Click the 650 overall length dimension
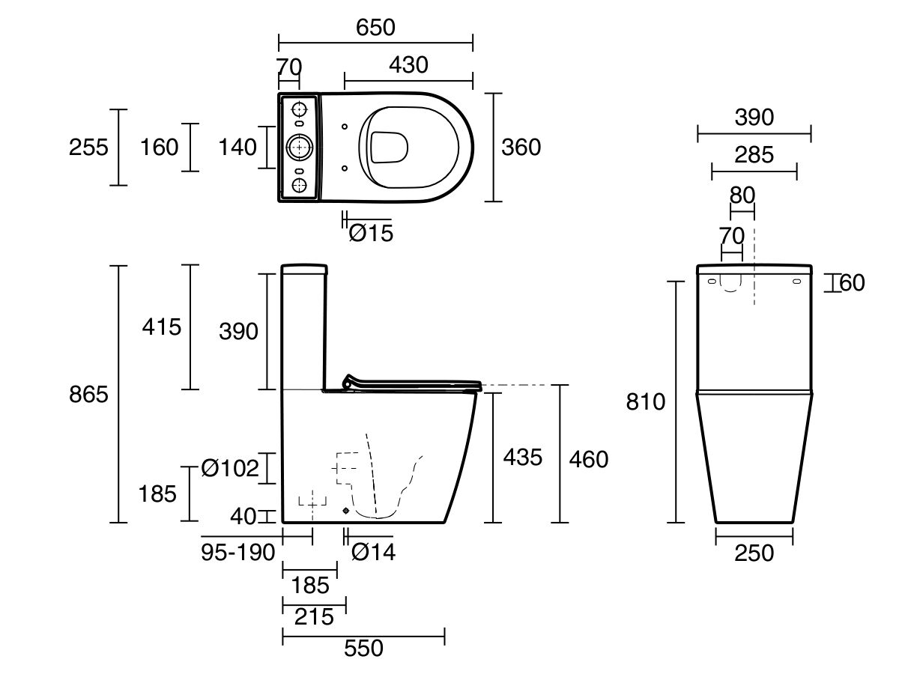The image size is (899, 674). [375, 28]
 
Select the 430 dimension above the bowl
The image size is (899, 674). [408, 65]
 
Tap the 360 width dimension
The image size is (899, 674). [521, 148]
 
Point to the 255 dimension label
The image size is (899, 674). [88, 148]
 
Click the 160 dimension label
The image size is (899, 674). [160, 148]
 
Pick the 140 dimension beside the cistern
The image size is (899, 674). [237, 148]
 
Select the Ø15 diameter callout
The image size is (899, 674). [371, 233]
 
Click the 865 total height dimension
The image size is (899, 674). [88, 395]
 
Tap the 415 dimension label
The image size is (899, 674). [161, 327]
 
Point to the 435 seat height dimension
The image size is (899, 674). [523, 457]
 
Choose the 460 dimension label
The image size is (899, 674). [589, 459]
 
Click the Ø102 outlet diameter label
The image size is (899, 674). [230, 468]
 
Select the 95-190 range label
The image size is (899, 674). [238, 553]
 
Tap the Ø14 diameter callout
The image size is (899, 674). [374, 552]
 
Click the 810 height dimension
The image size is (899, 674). [646, 402]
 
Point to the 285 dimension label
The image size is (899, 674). [754, 155]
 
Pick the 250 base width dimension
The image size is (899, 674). [754, 553]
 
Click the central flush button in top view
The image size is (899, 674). [300, 147]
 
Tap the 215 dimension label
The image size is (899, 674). [314, 616]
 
